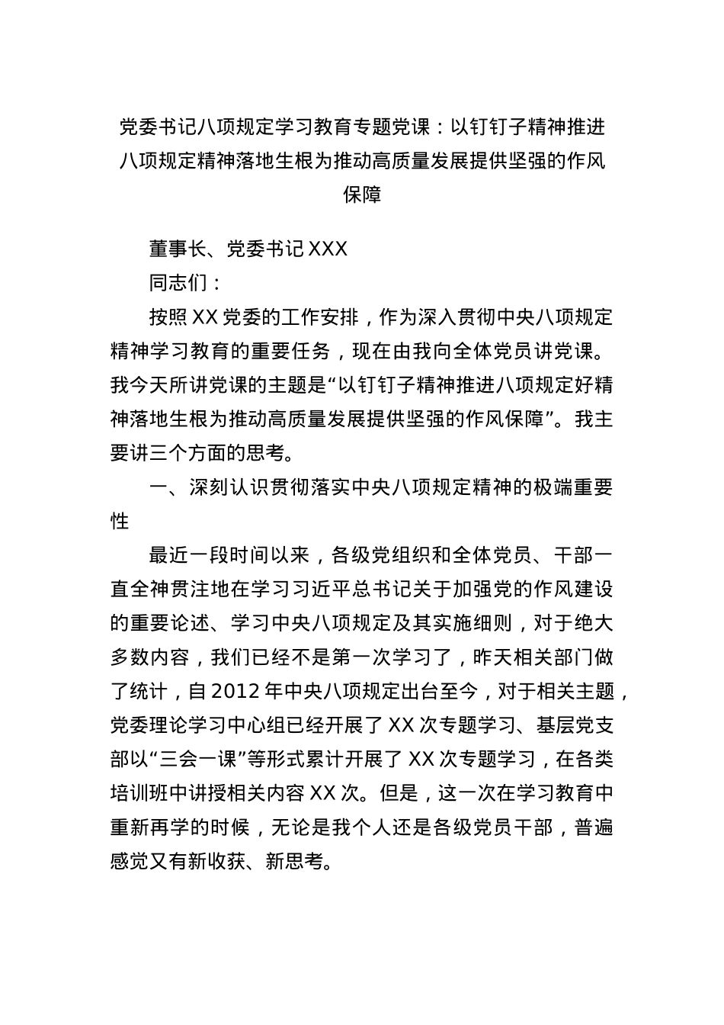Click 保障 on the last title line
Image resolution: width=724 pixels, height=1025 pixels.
click(x=362, y=194)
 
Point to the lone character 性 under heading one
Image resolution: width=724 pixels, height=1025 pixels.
click(x=120, y=522)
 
